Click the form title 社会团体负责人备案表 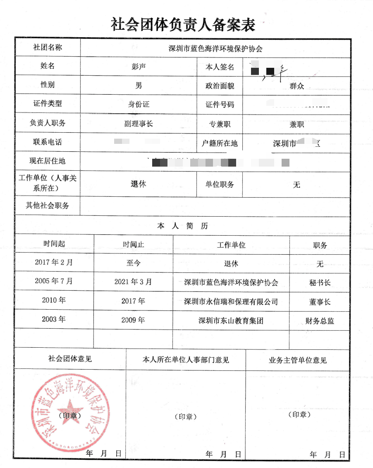tap(183, 24)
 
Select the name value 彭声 tap(139, 67)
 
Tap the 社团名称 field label tap(48, 47)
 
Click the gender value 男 tap(139, 85)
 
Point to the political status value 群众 tap(297, 86)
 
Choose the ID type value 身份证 tap(139, 104)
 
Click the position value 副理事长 tap(139, 123)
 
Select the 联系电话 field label tap(48, 142)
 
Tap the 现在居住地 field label tap(48, 161)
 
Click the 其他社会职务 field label tap(48, 205)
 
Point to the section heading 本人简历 tap(182, 226)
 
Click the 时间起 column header tap(54, 244)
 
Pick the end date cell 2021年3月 tap(133, 282)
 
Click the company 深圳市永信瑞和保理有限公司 tap(231, 301)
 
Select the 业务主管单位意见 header tap(297, 360)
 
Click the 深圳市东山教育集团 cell tap(231, 320)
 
